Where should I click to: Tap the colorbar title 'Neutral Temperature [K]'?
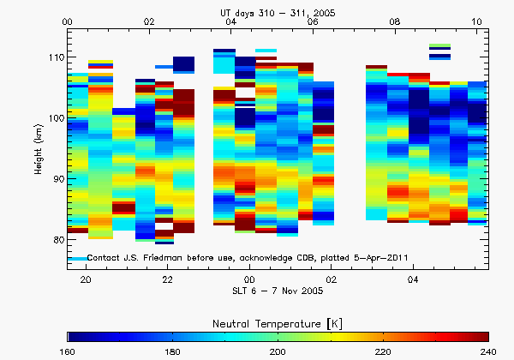click(x=278, y=321)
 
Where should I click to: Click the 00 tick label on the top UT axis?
click(x=69, y=21)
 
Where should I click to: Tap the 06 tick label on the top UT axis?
click(x=313, y=21)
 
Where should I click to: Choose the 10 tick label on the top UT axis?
click(x=476, y=21)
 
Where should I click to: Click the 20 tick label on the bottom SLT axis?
click(x=86, y=279)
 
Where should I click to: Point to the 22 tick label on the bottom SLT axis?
click(x=168, y=279)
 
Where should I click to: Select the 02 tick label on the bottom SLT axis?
click(x=332, y=279)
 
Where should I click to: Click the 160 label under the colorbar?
click(x=69, y=351)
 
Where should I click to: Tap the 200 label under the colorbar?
click(x=278, y=351)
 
